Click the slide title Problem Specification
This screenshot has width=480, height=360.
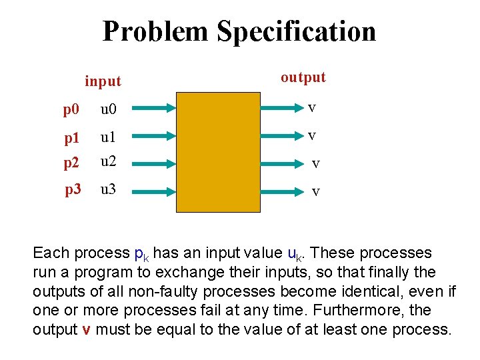coord(239,31)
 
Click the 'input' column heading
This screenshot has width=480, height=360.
coord(103,81)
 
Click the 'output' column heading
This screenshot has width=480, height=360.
coord(303,77)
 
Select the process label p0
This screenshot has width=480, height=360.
coord(71,108)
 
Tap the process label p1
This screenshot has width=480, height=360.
coord(71,138)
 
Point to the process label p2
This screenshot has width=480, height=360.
coord(71,162)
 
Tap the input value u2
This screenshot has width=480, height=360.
coord(109,161)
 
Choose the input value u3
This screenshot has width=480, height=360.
coord(108,189)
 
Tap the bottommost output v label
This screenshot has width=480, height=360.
coord(316,191)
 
